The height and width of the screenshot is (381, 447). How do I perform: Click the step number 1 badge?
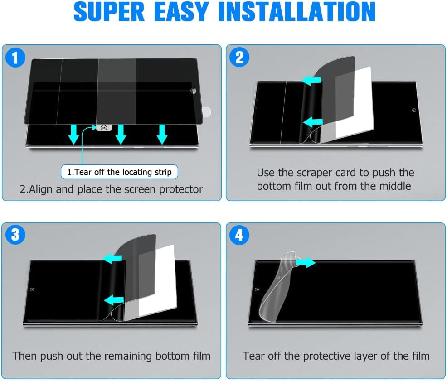coord(15,58)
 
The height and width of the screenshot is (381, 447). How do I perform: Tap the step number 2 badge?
coord(239,57)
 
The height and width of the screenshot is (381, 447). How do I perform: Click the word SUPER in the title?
coord(109,11)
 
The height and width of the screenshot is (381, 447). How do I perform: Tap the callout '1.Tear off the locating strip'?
coord(119,172)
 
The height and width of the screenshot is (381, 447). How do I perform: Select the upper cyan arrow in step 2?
coord(311,80)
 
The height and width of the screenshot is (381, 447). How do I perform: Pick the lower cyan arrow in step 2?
coord(312,122)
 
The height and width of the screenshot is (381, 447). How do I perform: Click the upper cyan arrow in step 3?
coord(112,259)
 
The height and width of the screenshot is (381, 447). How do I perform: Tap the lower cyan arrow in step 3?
coord(114,300)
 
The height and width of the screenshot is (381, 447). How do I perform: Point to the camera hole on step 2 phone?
coord(414,110)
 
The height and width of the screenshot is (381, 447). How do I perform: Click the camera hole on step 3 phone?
coord(32,289)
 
